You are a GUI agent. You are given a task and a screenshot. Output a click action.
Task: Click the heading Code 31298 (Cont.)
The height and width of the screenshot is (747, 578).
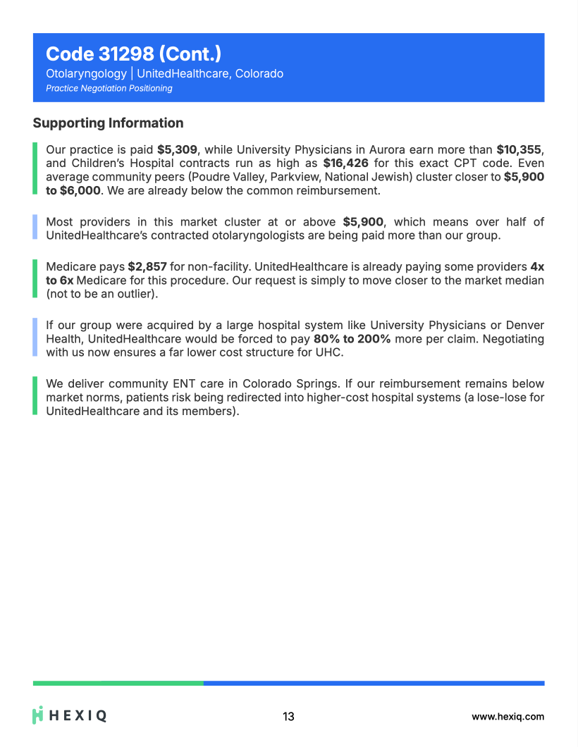133,54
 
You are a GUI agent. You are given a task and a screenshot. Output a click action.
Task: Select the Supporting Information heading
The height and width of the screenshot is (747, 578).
108,123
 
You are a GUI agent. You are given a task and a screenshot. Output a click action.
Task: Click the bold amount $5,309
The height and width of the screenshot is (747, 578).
177,149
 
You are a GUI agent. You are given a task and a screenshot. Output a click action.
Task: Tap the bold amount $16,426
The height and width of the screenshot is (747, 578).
345,163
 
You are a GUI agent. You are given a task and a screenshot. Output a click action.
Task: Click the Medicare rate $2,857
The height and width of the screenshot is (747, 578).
147,267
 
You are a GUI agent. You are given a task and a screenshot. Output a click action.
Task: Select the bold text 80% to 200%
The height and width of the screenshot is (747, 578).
352,339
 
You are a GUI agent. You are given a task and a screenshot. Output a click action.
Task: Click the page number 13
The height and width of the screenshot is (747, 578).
288,717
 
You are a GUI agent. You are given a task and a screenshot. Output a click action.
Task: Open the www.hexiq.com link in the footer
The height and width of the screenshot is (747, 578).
508,717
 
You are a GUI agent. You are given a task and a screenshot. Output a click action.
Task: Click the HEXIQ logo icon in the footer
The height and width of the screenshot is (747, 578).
39,715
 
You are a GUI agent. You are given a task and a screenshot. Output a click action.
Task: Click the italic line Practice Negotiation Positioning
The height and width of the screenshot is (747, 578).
109,88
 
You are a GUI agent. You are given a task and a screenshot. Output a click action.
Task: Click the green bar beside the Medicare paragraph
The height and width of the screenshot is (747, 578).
35,280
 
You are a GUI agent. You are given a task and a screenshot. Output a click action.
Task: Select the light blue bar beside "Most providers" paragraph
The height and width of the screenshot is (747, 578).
35,228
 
